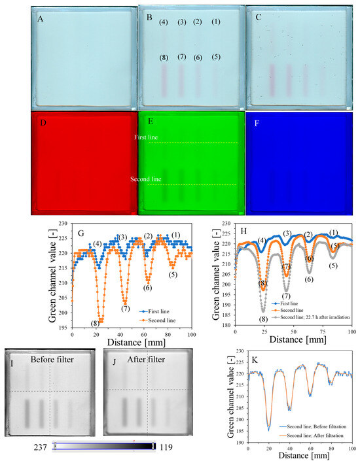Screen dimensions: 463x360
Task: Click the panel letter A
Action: [x=41, y=19]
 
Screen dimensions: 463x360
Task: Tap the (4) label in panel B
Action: [x=164, y=23]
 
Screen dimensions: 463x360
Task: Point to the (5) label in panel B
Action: [x=216, y=57]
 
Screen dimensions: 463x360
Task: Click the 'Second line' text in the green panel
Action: [x=147, y=176]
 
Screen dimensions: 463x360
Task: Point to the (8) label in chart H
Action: [x=263, y=318]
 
